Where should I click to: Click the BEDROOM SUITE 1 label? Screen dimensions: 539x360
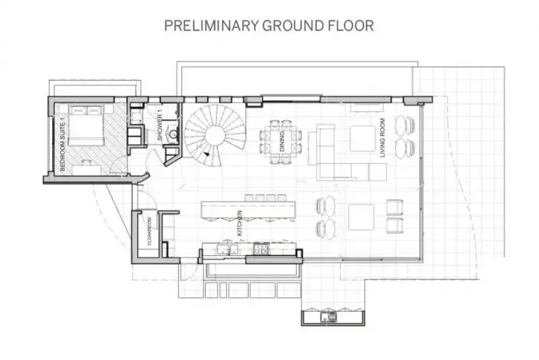coord(62,143)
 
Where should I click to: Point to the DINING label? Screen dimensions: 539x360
coord(282,141)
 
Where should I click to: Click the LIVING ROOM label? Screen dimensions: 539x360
coord(382,138)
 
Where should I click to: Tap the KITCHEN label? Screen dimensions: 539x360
coord(240,223)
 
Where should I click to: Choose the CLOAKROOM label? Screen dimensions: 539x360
coord(149,232)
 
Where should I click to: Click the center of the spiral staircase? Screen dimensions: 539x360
coord(215,135)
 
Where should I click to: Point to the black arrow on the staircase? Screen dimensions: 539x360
coord(206,154)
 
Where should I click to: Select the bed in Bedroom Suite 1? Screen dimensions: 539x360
coord(86,126)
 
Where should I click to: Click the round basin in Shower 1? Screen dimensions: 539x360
coord(174,133)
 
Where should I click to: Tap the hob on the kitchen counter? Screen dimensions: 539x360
coord(261,248)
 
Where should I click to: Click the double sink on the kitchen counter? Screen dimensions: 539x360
coord(228,249)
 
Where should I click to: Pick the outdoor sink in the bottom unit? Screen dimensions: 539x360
coord(329,318)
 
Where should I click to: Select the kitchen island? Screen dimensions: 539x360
coord(248,209)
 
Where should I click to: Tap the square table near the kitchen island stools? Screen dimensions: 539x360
coord(361,217)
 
